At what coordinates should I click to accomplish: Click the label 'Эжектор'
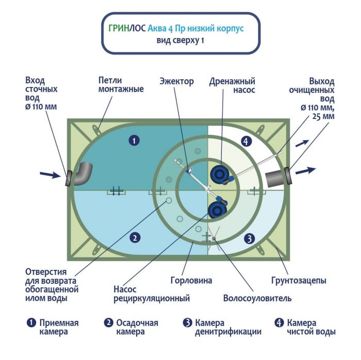[x=176, y=81]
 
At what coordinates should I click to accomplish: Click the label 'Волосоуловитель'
[x=257, y=298]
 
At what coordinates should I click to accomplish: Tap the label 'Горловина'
[x=191, y=281]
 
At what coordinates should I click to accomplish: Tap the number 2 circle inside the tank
[x=134, y=237]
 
